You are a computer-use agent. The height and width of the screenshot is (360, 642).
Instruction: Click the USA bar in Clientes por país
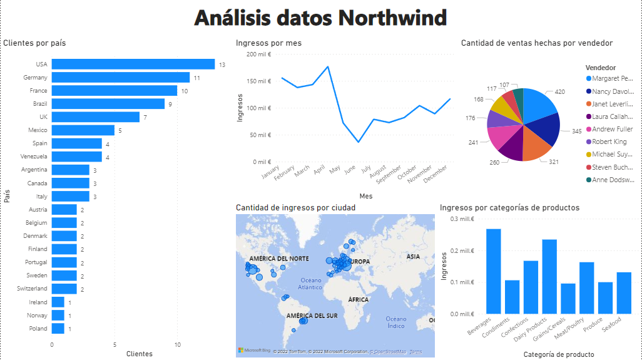[x=133, y=64]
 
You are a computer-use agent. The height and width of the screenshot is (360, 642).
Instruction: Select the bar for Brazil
[x=108, y=103]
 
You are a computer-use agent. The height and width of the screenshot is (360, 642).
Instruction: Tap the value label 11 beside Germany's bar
[x=196, y=78]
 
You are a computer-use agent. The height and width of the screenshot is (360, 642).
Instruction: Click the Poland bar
[x=58, y=329]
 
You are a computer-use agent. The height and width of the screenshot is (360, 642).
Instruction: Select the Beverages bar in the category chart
[x=494, y=271]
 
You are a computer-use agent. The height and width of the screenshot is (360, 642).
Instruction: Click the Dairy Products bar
[x=549, y=276]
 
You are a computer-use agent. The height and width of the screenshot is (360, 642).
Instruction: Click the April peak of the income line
[x=328, y=66]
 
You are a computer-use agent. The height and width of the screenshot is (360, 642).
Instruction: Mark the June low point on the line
[x=359, y=142]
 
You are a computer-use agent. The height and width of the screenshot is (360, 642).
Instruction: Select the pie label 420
[x=559, y=92]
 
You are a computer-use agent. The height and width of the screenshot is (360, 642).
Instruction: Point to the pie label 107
[x=504, y=85]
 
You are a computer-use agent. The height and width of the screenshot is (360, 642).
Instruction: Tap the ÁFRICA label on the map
[x=359, y=300]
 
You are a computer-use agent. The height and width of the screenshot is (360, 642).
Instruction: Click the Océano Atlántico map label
[x=311, y=284]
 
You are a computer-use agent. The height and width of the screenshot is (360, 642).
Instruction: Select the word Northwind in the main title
[x=392, y=18]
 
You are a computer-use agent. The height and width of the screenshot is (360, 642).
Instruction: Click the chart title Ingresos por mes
[x=268, y=43]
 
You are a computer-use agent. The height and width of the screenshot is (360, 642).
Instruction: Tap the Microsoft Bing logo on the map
[x=253, y=350]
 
